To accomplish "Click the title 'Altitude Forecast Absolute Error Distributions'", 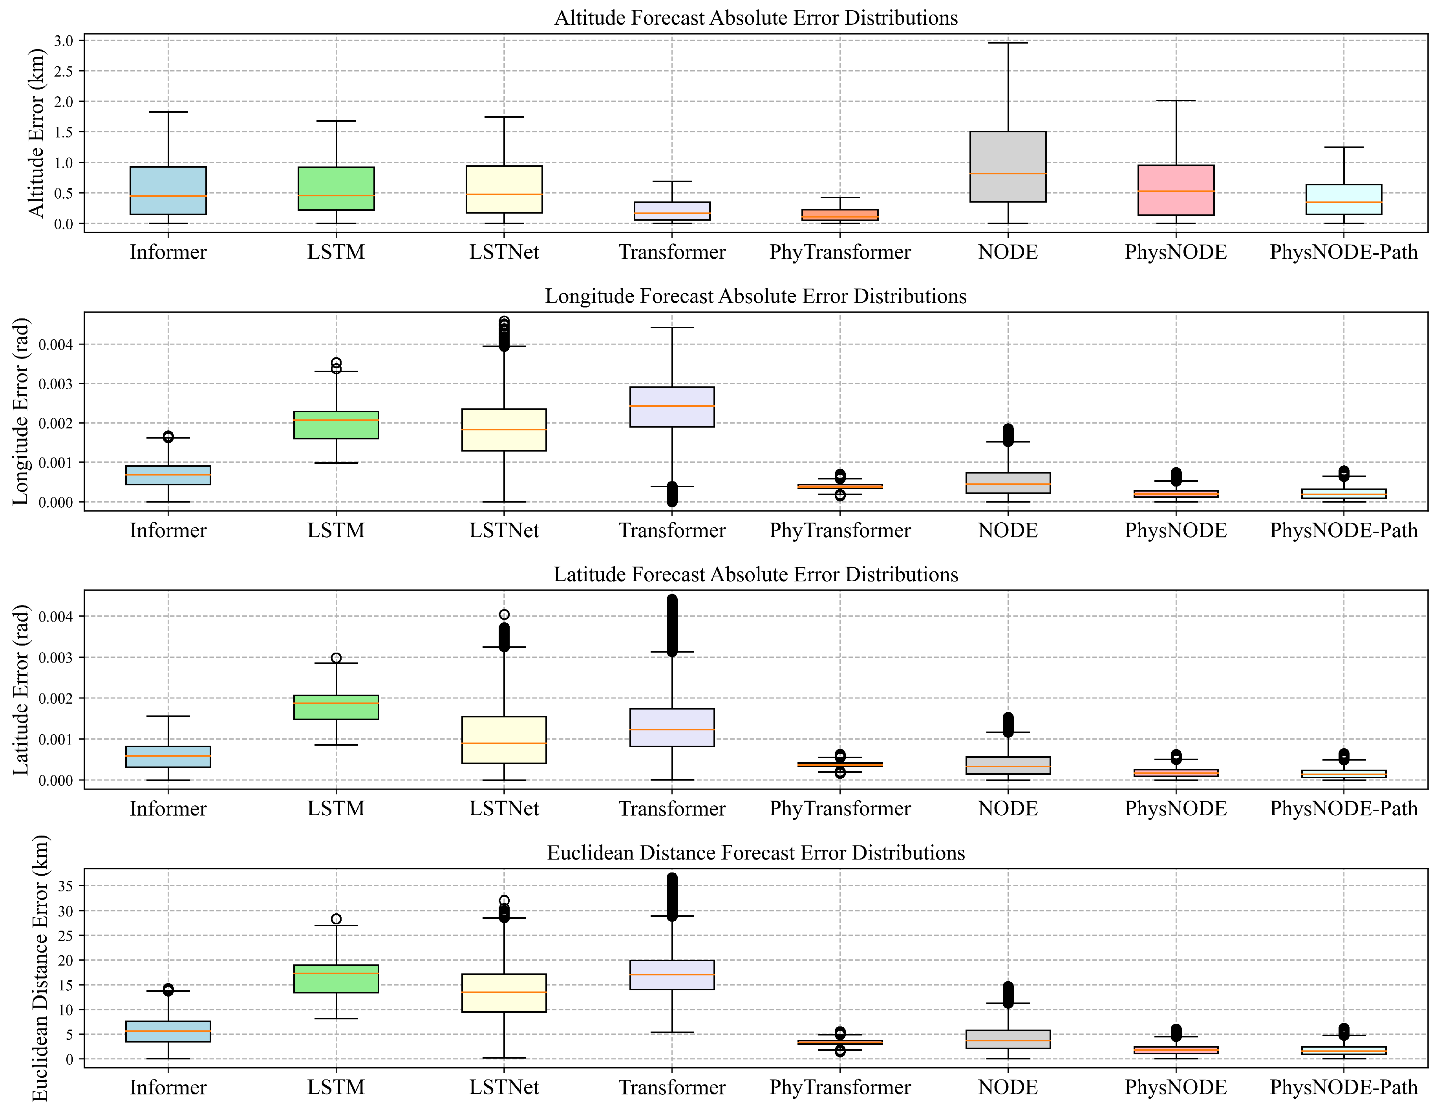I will pyautogui.click(x=756, y=18).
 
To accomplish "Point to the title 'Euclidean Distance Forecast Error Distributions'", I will pyautogui.click(x=756, y=853).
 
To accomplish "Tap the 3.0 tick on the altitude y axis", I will pyautogui.click(x=64, y=41).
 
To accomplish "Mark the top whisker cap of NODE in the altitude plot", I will pyautogui.click(x=1008, y=43).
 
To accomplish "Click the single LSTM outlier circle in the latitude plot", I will pyautogui.click(x=336, y=658).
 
